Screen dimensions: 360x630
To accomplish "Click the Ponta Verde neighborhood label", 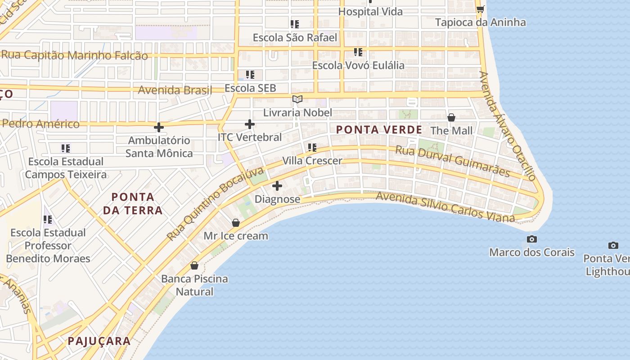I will (x=379, y=130).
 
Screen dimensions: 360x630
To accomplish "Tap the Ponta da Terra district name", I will (x=133, y=203).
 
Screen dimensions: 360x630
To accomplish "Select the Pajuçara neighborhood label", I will (x=99, y=341).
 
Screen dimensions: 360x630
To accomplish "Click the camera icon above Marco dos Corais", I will (x=532, y=239).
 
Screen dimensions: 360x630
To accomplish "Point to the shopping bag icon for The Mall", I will (x=451, y=117).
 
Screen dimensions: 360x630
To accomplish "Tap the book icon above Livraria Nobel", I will (x=297, y=99).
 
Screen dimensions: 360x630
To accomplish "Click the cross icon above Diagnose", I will (x=277, y=185).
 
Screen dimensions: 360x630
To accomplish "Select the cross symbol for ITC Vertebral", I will (x=250, y=124).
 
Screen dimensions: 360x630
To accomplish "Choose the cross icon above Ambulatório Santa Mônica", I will (x=159, y=127).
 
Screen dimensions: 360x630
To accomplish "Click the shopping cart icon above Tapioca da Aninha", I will (x=480, y=9).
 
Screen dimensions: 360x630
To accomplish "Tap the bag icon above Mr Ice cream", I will (x=235, y=223).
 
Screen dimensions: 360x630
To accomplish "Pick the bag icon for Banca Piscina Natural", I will (x=194, y=265).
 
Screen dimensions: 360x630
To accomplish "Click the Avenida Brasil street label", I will (x=175, y=90).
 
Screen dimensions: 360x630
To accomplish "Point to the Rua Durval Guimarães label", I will (x=452, y=161).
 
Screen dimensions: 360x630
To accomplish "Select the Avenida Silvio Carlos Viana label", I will (x=445, y=207).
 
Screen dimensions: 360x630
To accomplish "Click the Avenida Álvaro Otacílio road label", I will (x=508, y=126).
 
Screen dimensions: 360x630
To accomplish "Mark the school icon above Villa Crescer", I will (x=312, y=147).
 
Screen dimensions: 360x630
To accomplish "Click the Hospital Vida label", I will (x=370, y=12).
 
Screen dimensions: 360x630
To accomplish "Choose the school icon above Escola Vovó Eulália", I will (x=358, y=52).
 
